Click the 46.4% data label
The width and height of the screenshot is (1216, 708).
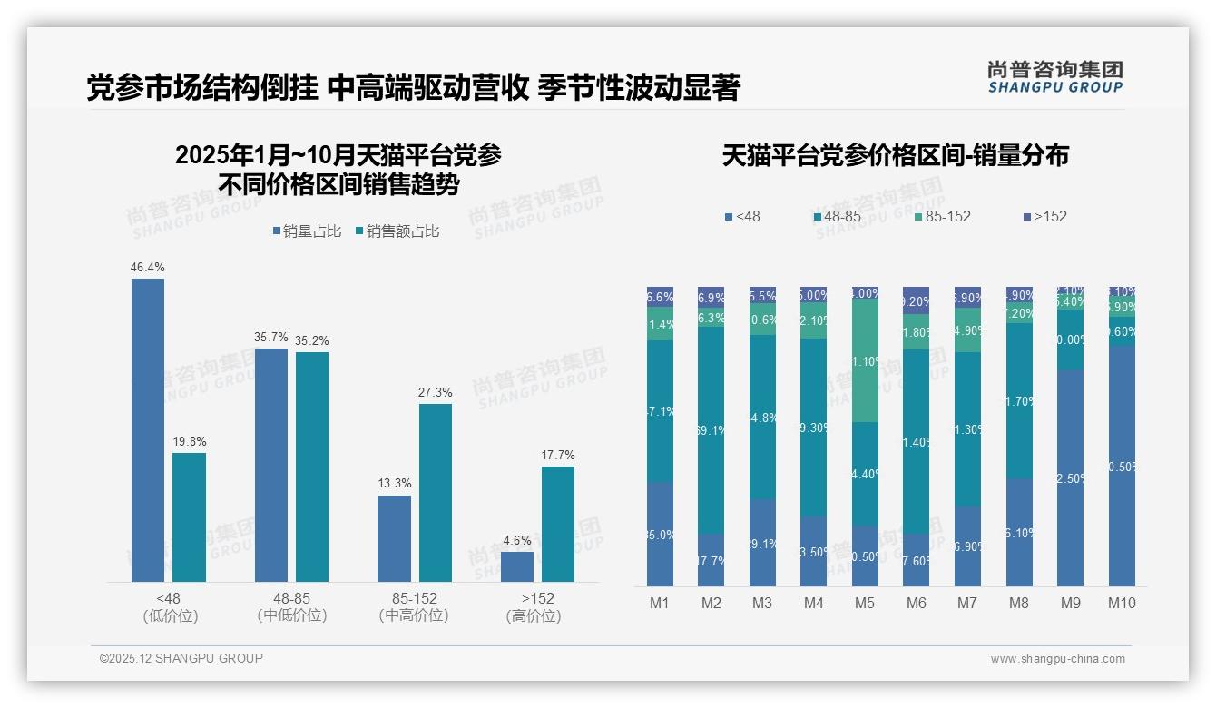148,268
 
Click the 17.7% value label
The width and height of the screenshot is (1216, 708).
558,455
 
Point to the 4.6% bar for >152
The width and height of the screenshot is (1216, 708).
517,566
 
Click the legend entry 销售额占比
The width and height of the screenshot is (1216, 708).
398,231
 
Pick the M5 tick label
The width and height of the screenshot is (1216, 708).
865,603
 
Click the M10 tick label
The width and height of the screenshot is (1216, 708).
1122,603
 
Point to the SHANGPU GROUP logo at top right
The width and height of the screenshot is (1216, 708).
1055,77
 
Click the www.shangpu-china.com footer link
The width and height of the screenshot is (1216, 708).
1057,659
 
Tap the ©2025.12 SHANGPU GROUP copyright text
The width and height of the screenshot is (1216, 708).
181,658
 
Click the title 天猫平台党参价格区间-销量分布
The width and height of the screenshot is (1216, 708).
895,156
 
